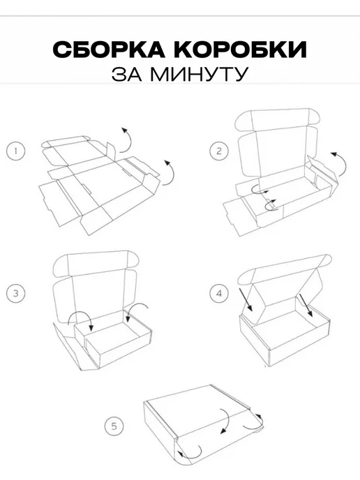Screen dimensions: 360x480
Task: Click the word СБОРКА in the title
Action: pos(109,50)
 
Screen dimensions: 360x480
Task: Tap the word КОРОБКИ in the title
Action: pos(241,50)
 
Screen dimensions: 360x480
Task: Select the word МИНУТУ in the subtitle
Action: pos(199,74)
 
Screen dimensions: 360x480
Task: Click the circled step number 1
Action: pos(15,151)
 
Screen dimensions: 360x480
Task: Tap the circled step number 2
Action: pos(219,151)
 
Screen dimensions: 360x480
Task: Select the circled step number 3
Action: pos(15,293)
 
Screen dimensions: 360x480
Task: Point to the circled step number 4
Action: pos(219,293)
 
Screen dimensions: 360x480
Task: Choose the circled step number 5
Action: pos(114,426)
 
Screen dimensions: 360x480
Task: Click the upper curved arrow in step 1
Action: pos(130,140)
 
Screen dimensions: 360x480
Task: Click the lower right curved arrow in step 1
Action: pos(173,172)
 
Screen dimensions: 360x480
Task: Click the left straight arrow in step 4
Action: pos(246,299)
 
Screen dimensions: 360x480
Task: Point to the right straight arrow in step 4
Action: pos(306,305)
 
